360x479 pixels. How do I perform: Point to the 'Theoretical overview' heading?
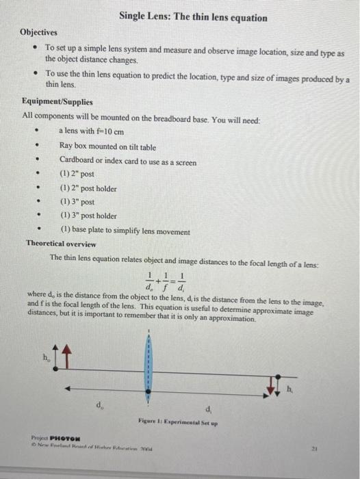(x=61, y=244)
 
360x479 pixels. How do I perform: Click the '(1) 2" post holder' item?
(x=88, y=188)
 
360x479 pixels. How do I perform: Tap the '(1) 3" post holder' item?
(x=88, y=216)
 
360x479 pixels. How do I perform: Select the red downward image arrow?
(x=279, y=385)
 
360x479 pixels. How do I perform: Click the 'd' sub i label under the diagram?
(x=208, y=409)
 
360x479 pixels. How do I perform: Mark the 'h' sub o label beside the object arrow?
(x=46, y=358)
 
